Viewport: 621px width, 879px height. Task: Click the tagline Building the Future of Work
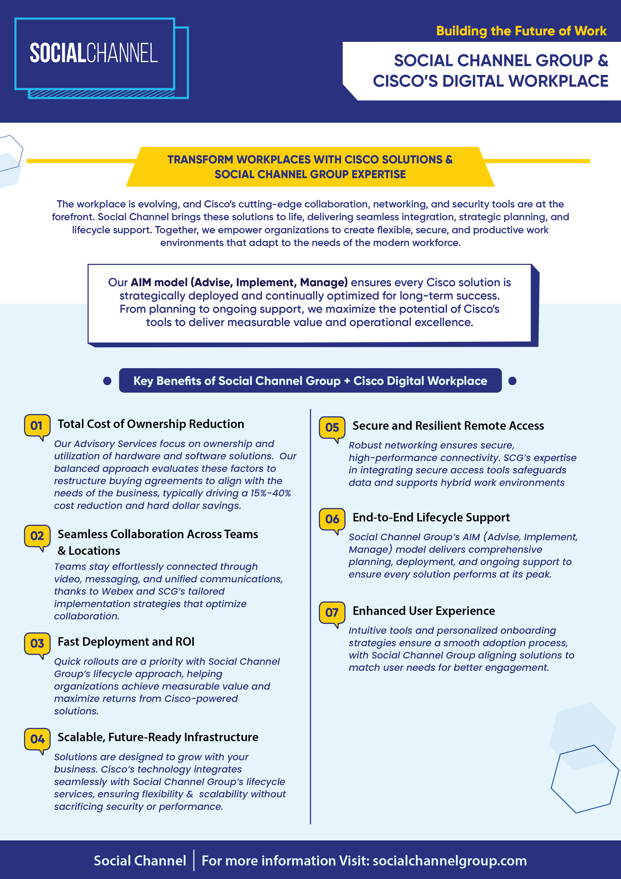click(521, 31)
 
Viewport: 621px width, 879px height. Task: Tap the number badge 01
click(37, 426)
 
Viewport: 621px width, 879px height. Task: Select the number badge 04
click(37, 739)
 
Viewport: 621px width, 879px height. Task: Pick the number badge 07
click(332, 613)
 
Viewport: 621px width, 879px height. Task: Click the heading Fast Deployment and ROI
click(126, 642)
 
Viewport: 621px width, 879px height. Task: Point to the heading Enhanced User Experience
click(424, 611)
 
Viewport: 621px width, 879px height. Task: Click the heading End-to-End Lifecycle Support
click(431, 518)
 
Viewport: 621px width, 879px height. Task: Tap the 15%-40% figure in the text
click(270, 493)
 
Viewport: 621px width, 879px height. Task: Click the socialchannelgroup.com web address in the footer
click(449, 861)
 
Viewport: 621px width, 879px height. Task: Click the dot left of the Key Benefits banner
click(107, 381)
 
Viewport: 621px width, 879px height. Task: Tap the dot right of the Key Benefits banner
click(512, 381)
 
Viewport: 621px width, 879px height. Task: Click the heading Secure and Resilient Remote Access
click(448, 426)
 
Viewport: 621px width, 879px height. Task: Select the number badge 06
click(332, 519)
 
